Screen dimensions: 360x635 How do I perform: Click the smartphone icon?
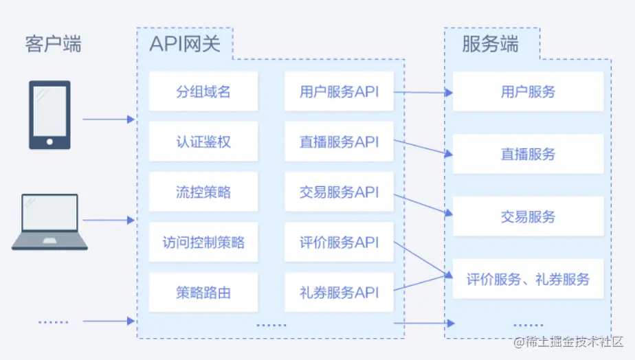[49, 115]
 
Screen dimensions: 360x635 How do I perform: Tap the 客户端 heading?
[53, 45]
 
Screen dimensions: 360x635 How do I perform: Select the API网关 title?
[185, 44]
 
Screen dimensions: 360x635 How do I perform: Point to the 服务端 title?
[490, 45]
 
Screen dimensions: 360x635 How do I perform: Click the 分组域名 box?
[203, 91]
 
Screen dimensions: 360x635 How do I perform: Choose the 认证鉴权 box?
[203, 142]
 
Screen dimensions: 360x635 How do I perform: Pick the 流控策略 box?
[203, 192]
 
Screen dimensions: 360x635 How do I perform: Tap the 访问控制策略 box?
[203, 243]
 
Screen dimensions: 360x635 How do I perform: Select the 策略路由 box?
[203, 293]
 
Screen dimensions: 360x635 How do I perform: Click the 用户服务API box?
[339, 91]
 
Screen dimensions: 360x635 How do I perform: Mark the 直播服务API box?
[339, 142]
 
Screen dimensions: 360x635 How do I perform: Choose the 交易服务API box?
[339, 192]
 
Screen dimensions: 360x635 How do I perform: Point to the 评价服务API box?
[339, 243]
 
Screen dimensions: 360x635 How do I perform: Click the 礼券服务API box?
[339, 293]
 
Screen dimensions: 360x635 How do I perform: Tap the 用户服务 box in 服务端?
[528, 91]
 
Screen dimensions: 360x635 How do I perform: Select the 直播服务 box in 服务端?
[528, 155]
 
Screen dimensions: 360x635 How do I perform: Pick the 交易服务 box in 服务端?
[528, 217]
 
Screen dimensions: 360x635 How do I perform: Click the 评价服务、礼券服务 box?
[528, 280]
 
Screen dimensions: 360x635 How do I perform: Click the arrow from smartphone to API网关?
[109, 120]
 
